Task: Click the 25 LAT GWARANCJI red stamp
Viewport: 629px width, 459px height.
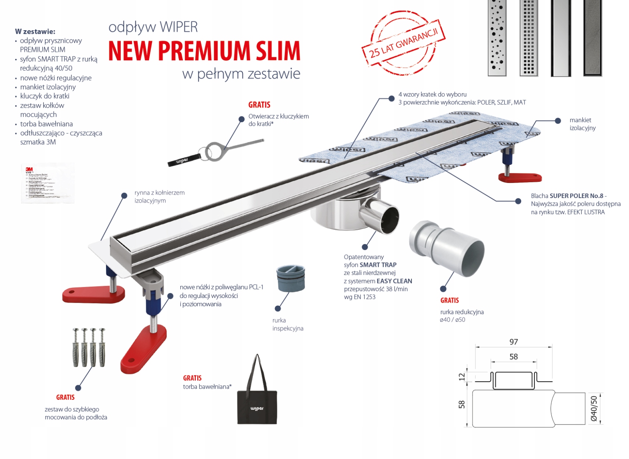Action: click(x=403, y=43)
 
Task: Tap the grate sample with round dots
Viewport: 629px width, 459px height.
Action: click(x=497, y=38)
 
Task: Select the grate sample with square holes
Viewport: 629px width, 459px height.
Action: click(x=529, y=38)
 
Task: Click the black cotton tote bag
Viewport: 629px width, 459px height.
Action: click(x=257, y=405)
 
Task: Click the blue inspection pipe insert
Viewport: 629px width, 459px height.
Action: click(x=290, y=278)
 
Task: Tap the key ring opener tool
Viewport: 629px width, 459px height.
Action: click(x=217, y=151)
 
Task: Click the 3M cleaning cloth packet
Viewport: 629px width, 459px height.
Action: click(x=48, y=183)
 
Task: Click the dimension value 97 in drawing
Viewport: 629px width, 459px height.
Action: click(x=513, y=342)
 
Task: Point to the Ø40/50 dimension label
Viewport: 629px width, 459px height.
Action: click(x=593, y=408)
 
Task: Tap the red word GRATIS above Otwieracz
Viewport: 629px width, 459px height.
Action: click(x=259, y=105)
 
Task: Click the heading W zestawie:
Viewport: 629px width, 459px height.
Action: click(x=35, y=31)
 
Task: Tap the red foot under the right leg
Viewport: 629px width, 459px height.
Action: click(x=520, y=177)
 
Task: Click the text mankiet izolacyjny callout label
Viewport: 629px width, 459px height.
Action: click(x=582, y=124)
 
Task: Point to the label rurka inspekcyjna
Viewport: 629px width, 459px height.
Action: click(x=287, y=324)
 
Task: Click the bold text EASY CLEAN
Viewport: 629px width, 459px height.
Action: click(x=394, y=281)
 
